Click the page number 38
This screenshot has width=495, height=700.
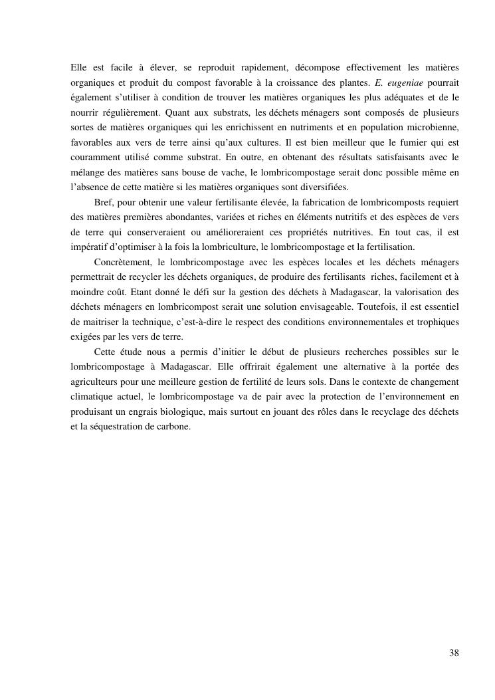pyautogui.click(x=454, y=653)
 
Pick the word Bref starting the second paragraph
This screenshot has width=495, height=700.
pyautogui.click(x=104, y=201)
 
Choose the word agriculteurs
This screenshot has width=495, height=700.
pyautogui.click(x=97, y=381)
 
